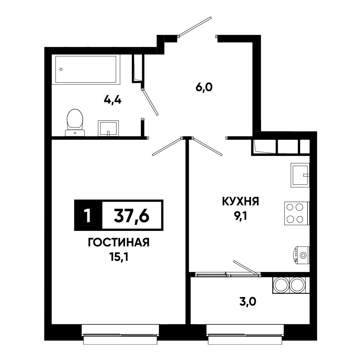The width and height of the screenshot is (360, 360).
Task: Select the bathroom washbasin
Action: pyautogui.click(x=108, y=128)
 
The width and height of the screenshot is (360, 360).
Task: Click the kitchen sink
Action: pyautogui.click(x=300, y=175)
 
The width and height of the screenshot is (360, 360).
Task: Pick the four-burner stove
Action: pyautogui.click(x=297, y=213)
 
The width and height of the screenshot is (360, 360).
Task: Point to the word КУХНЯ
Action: pyautogui.click(x=240, y=202)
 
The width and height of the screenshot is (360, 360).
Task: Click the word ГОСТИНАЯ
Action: pyautogui.click(x=119, y=242)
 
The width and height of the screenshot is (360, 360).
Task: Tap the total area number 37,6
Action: pyautogui.click(x=132, y=216)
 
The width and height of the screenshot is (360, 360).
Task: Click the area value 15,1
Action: pyautogui.click(x=119, y=257)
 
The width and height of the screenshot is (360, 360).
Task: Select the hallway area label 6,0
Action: pyautogui.click(x=204, y=87)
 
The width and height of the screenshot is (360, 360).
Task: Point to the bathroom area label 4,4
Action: pyautogui.click(x=113, y=100)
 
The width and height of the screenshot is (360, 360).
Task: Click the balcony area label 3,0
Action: pyautogui.click(x=247, y=302)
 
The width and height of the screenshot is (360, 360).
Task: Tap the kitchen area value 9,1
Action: pyautogui.click(x=240, y=216)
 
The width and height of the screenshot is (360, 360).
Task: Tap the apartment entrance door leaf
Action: pyautogui.click(x=195, y=27)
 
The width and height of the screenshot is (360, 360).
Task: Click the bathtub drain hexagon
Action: pyautogui.click(x=61, y=69)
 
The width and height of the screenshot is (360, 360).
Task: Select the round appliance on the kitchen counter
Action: pyautogui.click(x=302, y=255)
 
